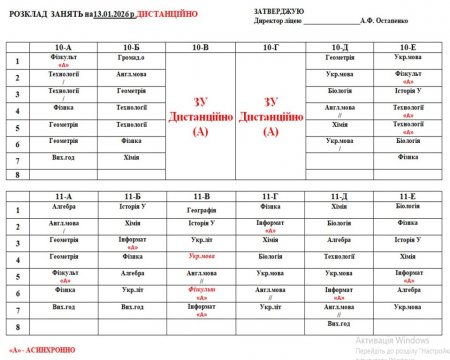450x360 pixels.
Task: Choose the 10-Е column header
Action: pyautogui.click(x=407, y=47)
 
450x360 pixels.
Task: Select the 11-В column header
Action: pyautogui.click(x=200, y=196)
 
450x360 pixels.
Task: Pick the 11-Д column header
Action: pyautogui.click(x=339, y=196)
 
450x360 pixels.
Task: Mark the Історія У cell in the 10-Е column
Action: pyautogui.click(x=407, y=91)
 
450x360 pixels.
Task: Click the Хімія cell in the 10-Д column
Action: pyautogui.click(x=339, y=123)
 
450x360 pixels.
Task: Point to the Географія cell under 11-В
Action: pyautogui.click(x=200, y=211)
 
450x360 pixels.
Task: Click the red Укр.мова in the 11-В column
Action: pyautogui.click(x=200, y=256)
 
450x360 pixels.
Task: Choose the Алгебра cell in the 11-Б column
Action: pyautogui.click(x=133, y=272)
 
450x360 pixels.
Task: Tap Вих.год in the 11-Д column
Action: pyautogui.click(x=339, y=323)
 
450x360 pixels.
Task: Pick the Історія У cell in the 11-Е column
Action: pyautogui.click(x=407, y=240)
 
